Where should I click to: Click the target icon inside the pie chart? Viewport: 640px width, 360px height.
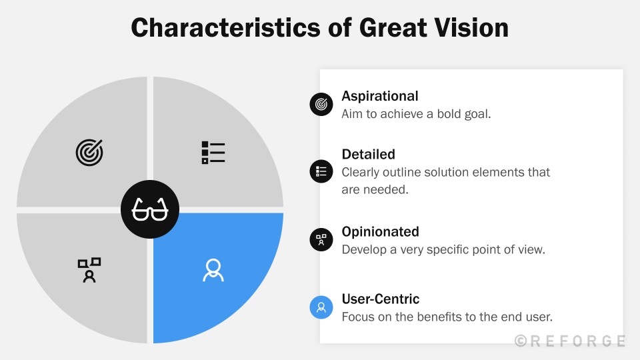(89, 152)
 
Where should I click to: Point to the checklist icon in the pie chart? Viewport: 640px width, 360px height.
(213, 152)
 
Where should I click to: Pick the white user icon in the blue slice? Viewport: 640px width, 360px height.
(213, 269)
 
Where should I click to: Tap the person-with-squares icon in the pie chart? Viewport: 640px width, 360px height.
(89, 269)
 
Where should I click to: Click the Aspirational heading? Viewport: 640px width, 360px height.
(380, 96)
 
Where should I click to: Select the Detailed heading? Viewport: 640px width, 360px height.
(368, 154)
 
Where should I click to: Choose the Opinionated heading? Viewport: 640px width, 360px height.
(380, 231)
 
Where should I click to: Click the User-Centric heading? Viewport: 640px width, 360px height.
(381, 299)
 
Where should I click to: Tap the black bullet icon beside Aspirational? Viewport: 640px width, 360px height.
(321, 104)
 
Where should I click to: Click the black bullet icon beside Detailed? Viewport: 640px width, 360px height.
(321, 171)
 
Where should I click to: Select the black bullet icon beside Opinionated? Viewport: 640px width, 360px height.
(321, 239)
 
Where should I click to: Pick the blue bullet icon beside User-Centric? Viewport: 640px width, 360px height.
(321, 307)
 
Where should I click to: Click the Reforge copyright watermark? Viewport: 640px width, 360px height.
(570, 341)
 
